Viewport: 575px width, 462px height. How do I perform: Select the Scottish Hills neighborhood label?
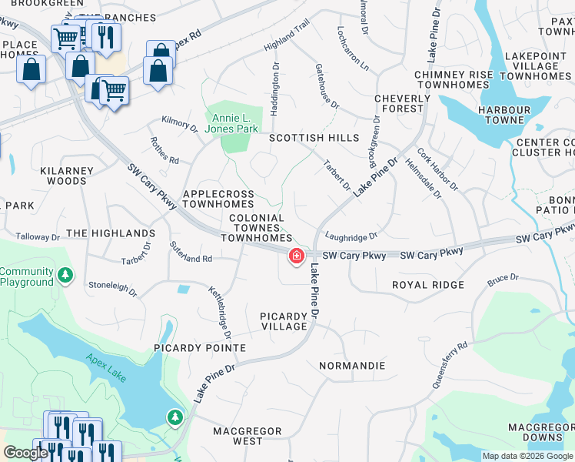[x=314, y=138]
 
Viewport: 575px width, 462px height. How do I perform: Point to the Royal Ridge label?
[x=428, y=285]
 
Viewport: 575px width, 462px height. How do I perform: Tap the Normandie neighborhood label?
[x=351, y=365]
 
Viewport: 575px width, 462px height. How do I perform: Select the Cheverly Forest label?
[x=402, y=103]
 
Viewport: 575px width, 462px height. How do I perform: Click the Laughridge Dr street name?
[x=351, y=237]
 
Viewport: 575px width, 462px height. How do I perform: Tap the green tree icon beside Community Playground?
[x=66, y=275]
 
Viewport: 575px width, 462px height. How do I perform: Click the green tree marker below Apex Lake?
[x=175, y=417]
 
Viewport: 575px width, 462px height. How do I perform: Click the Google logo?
[x=25, y=453]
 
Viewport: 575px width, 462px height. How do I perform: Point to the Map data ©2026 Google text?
[x=527, y=456]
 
